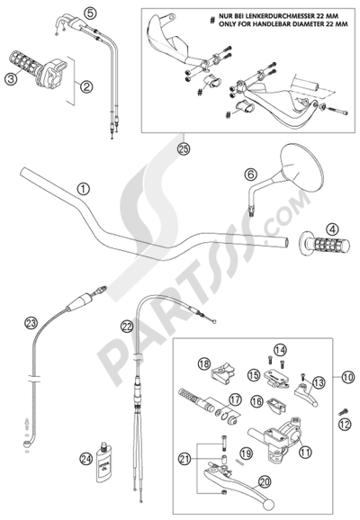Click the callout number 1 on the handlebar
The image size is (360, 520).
coord(84,189)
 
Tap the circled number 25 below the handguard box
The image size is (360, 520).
coord(184,149)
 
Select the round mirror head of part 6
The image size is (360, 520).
coord(301,166)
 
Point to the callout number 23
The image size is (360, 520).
coord(31,323)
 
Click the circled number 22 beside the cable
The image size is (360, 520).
coord(127,327)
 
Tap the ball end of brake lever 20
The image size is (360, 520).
coord(269,505)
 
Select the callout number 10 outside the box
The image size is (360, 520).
coord(347,377)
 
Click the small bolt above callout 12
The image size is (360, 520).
coord(343,412)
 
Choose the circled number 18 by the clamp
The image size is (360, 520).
coord(204,363)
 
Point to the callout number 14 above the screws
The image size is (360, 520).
coord(281,349)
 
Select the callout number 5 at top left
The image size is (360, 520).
coord(90,13)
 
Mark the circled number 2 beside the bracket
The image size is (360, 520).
coord(85,87)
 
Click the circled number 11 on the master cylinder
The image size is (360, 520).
coord(306,452)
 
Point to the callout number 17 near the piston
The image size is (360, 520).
coord(235,399)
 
